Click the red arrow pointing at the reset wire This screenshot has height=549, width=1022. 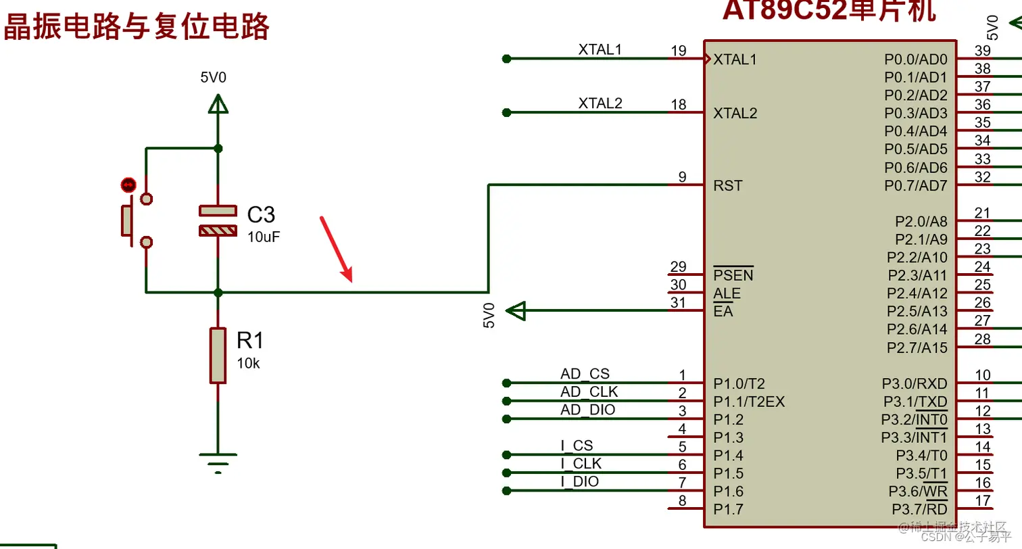[x=337, y=248]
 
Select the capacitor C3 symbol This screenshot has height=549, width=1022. [x=218, y=220]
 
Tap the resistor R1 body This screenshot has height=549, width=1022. [x=218, y=356]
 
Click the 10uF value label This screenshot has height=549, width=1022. [x=264, y=237]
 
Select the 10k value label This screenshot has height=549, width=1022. [x=248, y=363]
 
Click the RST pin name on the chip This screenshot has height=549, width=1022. [x=727, y=185]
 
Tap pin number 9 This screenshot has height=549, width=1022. [x=683, y=177]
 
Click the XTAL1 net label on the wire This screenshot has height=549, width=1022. [x=600, y=49]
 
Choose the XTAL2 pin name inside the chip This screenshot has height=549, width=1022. [x=735, y=114]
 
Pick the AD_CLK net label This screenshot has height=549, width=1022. [x=589, y=392]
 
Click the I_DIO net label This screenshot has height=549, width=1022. [x=579, y=482]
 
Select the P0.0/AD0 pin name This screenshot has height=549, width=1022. [x=916, y=59]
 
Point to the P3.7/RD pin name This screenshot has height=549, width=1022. [x=919, y=508]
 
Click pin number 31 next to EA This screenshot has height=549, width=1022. [x=678, y=303]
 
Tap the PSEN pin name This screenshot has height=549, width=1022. [x=733, y=276]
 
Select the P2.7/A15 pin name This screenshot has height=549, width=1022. [x=917, y=348]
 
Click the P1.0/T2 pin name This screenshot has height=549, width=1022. [x=739, y=383]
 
